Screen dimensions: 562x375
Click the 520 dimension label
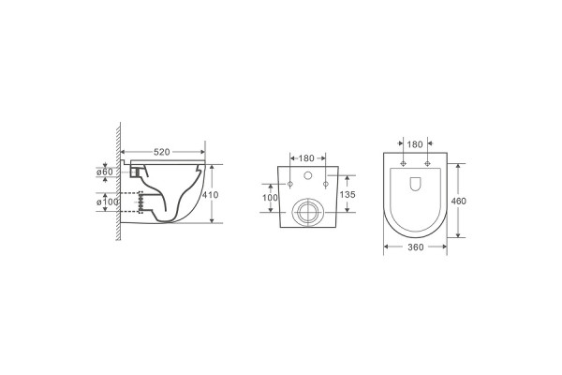pyautogui.click(x=162, y=152)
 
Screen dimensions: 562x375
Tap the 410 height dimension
pyautogui.click(x=210, y=195)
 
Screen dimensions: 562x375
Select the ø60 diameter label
pyautogui.click(x=105, y=172)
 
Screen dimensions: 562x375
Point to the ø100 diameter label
pyautogui.click(x=108, y=202)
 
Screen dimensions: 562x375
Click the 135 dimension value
pyautogui.click(x=348, y=194)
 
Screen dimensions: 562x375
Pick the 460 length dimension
pyautogui.click(x=458, y=201)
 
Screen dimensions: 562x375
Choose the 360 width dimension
pyautogui.click(x=415, y=247)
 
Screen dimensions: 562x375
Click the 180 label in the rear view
pyautogui.click(x=306, y=157)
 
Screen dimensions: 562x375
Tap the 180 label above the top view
pyautogui.click(x=415, y=144)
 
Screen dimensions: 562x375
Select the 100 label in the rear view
pyautogui.click(x=270, y=198)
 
